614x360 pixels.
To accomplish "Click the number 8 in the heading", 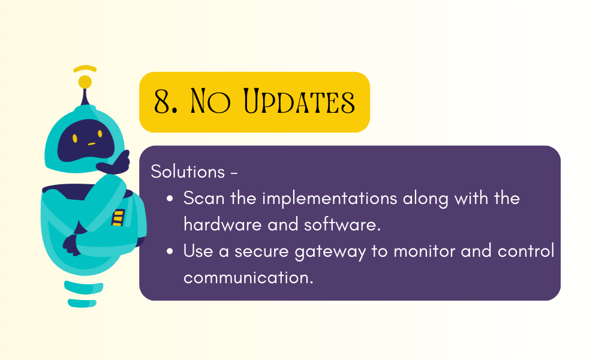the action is click(162, 101).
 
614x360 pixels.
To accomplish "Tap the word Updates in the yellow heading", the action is click(299, 101).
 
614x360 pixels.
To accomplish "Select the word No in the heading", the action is click(210, 101).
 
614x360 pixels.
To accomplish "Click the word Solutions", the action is click(188, 172).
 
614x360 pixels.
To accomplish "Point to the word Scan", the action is click(204, 198).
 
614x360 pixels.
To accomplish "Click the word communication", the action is click(248, 278).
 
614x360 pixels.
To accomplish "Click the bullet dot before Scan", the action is click(170, 199).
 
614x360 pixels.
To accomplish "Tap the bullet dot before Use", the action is click(170, 251).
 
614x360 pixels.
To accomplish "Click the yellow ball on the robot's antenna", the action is click(85, 82).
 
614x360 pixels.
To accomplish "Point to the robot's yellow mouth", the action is click(92, 144).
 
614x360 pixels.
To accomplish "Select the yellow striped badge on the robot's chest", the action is click(118, 218).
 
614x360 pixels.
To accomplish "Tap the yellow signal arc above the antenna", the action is click(85, 68).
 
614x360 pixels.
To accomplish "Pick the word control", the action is click(526, 251).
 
